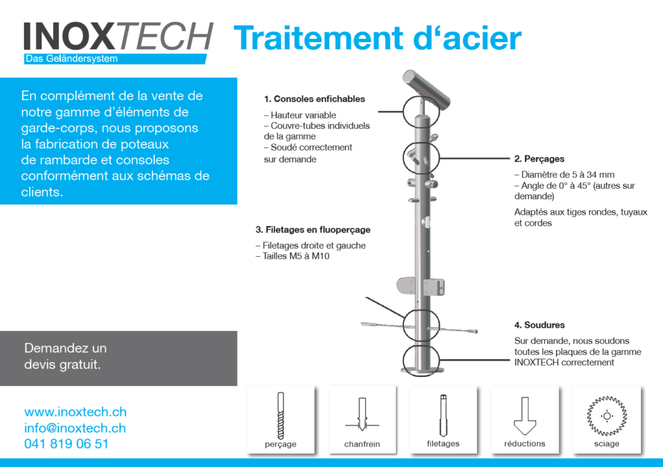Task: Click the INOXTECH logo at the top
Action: point(118,36)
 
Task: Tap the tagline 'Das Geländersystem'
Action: point(71,59)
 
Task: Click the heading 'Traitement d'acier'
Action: point(377,38)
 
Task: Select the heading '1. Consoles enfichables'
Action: point(314,99)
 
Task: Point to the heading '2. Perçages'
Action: point(539,159)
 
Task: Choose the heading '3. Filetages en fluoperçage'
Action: point(313,230)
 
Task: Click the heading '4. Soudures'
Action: point(539,325)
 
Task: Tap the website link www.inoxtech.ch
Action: point(75,411)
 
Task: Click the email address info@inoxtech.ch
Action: point(75,428)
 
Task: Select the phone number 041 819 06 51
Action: point(67,444)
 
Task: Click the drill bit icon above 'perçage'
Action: point(281,416)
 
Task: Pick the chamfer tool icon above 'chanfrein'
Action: point(362,414)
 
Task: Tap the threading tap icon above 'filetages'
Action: point(443,415)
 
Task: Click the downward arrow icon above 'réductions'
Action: point(524,416)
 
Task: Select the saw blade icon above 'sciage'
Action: point(607,416)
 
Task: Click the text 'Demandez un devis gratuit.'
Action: point(65,356)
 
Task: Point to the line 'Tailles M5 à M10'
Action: point(292,256)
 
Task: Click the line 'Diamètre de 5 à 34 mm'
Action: point(564,175)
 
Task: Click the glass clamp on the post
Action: point(420,287)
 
